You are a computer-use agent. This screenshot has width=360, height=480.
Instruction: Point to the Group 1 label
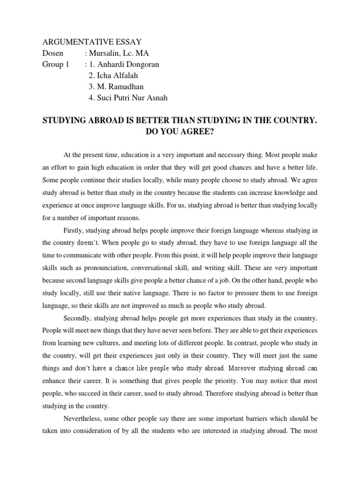[55, 65]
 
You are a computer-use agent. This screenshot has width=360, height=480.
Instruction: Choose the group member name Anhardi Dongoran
[127, 65]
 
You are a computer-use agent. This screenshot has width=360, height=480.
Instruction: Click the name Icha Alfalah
[114, 76]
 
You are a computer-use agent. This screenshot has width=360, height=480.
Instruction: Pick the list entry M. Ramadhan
[114, 87]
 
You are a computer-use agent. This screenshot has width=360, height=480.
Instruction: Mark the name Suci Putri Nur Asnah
[127, 98]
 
